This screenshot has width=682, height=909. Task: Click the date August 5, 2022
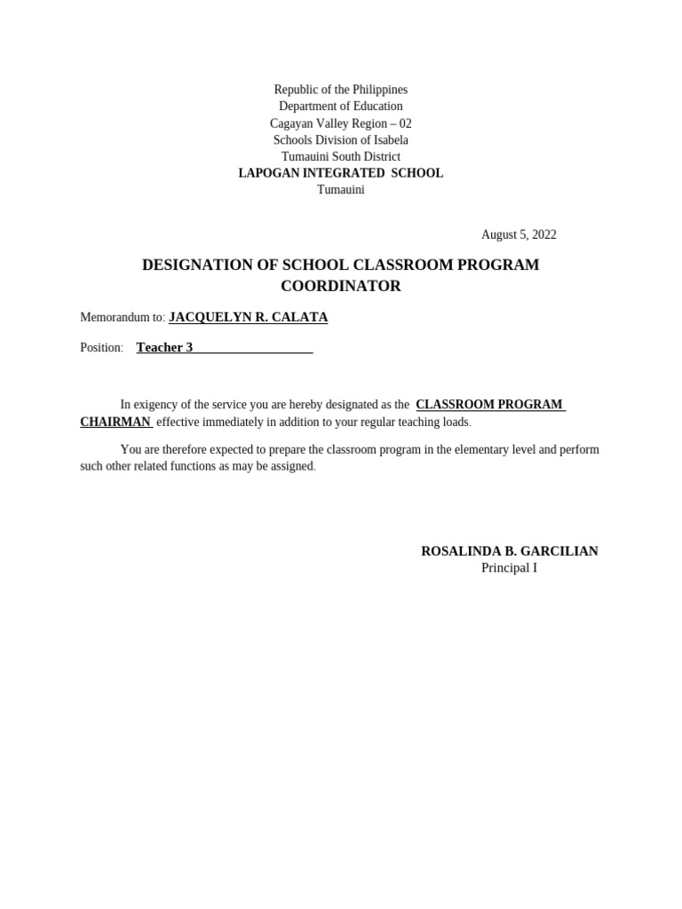[519, 234]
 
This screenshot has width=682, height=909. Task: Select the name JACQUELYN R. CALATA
[248, 317]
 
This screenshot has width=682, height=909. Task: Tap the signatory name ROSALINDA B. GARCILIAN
[509, 551]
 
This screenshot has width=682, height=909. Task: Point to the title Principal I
[509, 568]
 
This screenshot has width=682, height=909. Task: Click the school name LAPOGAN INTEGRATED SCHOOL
[340, 173]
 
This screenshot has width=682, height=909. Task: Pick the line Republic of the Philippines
[340, 90]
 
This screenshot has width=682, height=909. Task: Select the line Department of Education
[340, 107]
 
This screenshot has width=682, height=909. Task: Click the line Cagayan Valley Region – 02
[340, 123]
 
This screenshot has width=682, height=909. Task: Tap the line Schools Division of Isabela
[340, 140]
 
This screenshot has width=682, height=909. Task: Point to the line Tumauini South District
[340, 157]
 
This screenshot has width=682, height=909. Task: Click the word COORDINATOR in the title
[340, 287]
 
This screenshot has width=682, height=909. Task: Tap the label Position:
[101, 348]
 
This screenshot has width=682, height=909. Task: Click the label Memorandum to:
[123, 318]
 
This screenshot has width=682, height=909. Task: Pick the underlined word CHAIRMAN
[115, 422]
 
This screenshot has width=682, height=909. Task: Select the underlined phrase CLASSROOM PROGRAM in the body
[488, 405]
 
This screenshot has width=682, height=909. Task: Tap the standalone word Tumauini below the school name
[340, 190]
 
